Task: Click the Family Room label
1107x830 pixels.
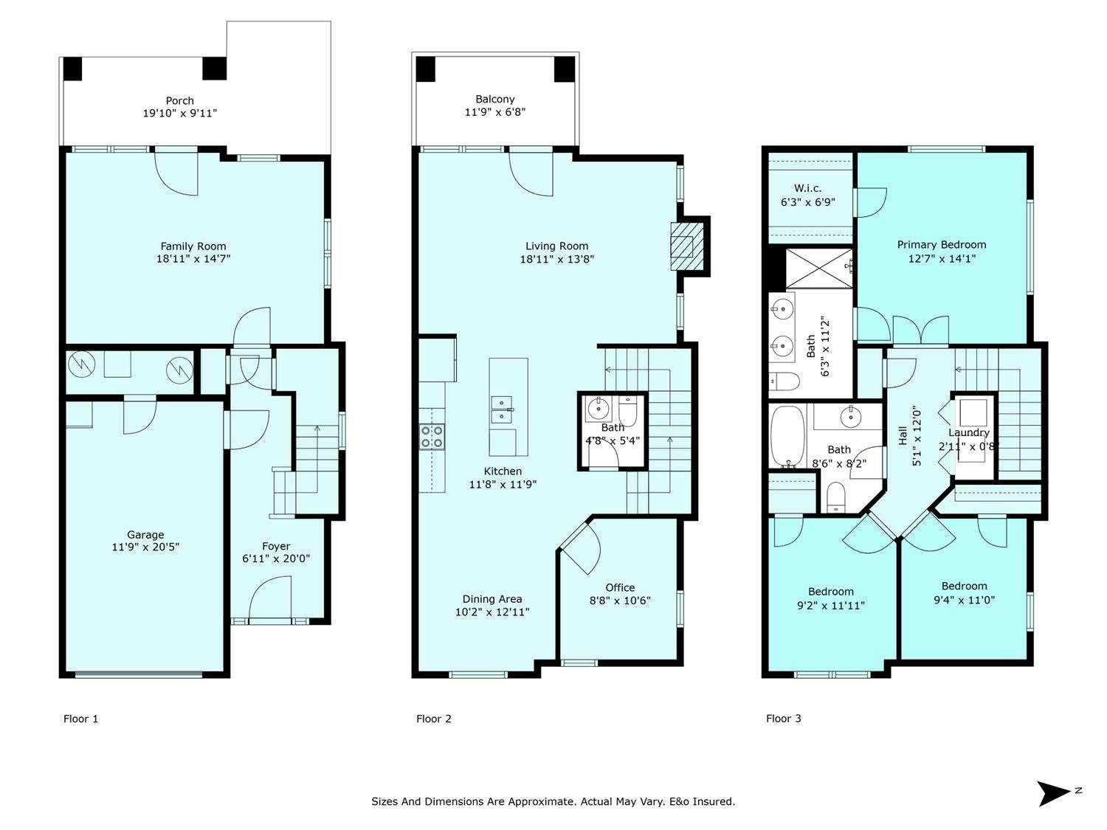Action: [x=193, y=246]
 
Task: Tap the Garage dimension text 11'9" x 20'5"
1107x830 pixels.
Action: [x=145, y=547]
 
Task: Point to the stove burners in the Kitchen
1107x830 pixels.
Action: [x=432, y=437]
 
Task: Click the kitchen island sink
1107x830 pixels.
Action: [x=503, y=409]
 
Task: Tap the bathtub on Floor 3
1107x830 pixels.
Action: [x=787, y=437]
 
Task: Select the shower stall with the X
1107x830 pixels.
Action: [x=819, y=269]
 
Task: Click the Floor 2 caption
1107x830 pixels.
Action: [x=434, y=719]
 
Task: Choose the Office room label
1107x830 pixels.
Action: [x=620, y=587]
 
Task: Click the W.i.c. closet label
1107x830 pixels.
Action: [x=807, y=188]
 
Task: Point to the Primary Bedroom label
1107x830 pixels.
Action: [x=942, y=245]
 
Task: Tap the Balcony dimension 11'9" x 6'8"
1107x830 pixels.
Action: [x=494, y=112]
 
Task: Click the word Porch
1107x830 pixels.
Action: [x=180, y=101]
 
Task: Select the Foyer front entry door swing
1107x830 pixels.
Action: [x=270, y=598]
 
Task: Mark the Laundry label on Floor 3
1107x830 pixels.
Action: [x=969, y=432]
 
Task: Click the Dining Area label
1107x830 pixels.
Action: [x=492, y=599]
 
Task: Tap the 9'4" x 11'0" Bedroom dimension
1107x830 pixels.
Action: [x=965, y=601]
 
